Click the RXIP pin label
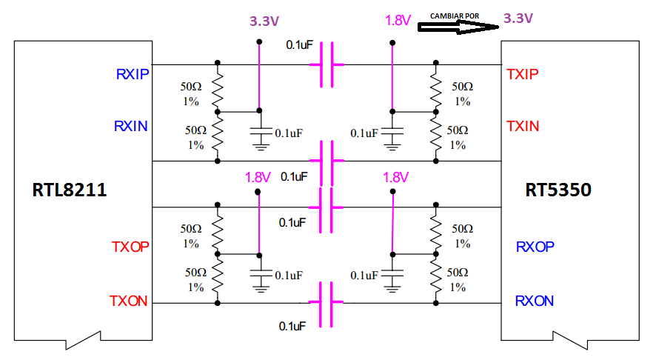(x=133, y=74)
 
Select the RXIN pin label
(x=131, y=126)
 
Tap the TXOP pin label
(x=130, y=247)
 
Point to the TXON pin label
(x=128, y=301)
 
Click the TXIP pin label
(x=523, y=74)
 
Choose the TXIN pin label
(x=523, y=126)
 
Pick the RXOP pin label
(x=535, y=247)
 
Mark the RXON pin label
(x=535, y=301)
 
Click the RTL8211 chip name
(x=70, y=190)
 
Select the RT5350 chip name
(x=558, y=190)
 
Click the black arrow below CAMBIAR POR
(x=458, y=27)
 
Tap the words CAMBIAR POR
(x=455, y=16)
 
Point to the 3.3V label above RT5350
(x=518, y=18)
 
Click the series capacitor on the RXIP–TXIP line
(x=327, y=65)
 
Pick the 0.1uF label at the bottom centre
(x=292, y=326)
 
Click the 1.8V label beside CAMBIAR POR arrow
(x=398, y=20)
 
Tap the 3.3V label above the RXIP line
(x=264, y=21)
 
